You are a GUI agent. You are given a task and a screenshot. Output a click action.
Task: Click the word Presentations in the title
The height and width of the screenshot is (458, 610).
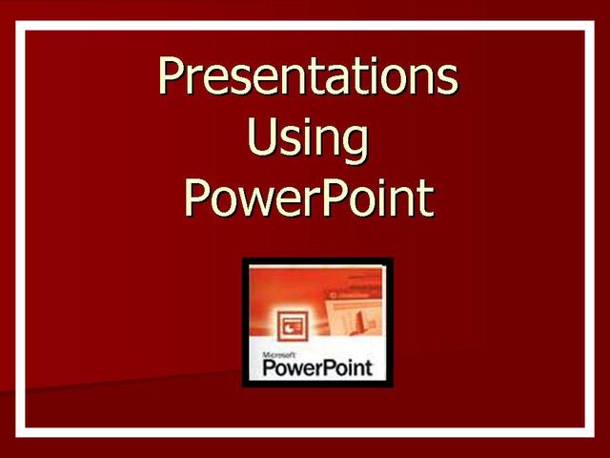click(307, 77)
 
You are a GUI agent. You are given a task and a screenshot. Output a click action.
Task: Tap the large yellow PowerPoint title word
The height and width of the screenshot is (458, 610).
click(307, 198)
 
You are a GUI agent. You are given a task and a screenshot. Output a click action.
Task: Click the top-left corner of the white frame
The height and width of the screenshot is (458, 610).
click(20, 26)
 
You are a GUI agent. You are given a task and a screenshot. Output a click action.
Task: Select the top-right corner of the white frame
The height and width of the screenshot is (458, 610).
click(589, 26)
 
